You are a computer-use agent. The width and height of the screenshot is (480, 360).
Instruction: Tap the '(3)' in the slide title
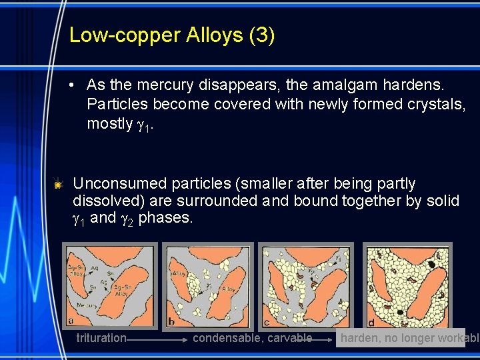pyautogui.click(x=261, y=35)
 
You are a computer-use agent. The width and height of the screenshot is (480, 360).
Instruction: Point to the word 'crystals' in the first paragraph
pyautogui.click(x=433, y=105)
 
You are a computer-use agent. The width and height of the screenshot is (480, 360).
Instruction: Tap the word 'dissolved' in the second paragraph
pyautogui.click(x=107, y=201)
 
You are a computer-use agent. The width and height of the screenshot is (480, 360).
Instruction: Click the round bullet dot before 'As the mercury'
pyautogui.click(x=75, y=85)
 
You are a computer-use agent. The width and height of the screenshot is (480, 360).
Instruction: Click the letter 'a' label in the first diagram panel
pyautogui.click(x=71, y=321)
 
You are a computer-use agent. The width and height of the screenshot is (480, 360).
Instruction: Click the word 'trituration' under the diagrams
pyautogui.click(x=101, y=338)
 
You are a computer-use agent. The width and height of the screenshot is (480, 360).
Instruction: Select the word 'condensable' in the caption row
pyautogui.click(x=225, y=338)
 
